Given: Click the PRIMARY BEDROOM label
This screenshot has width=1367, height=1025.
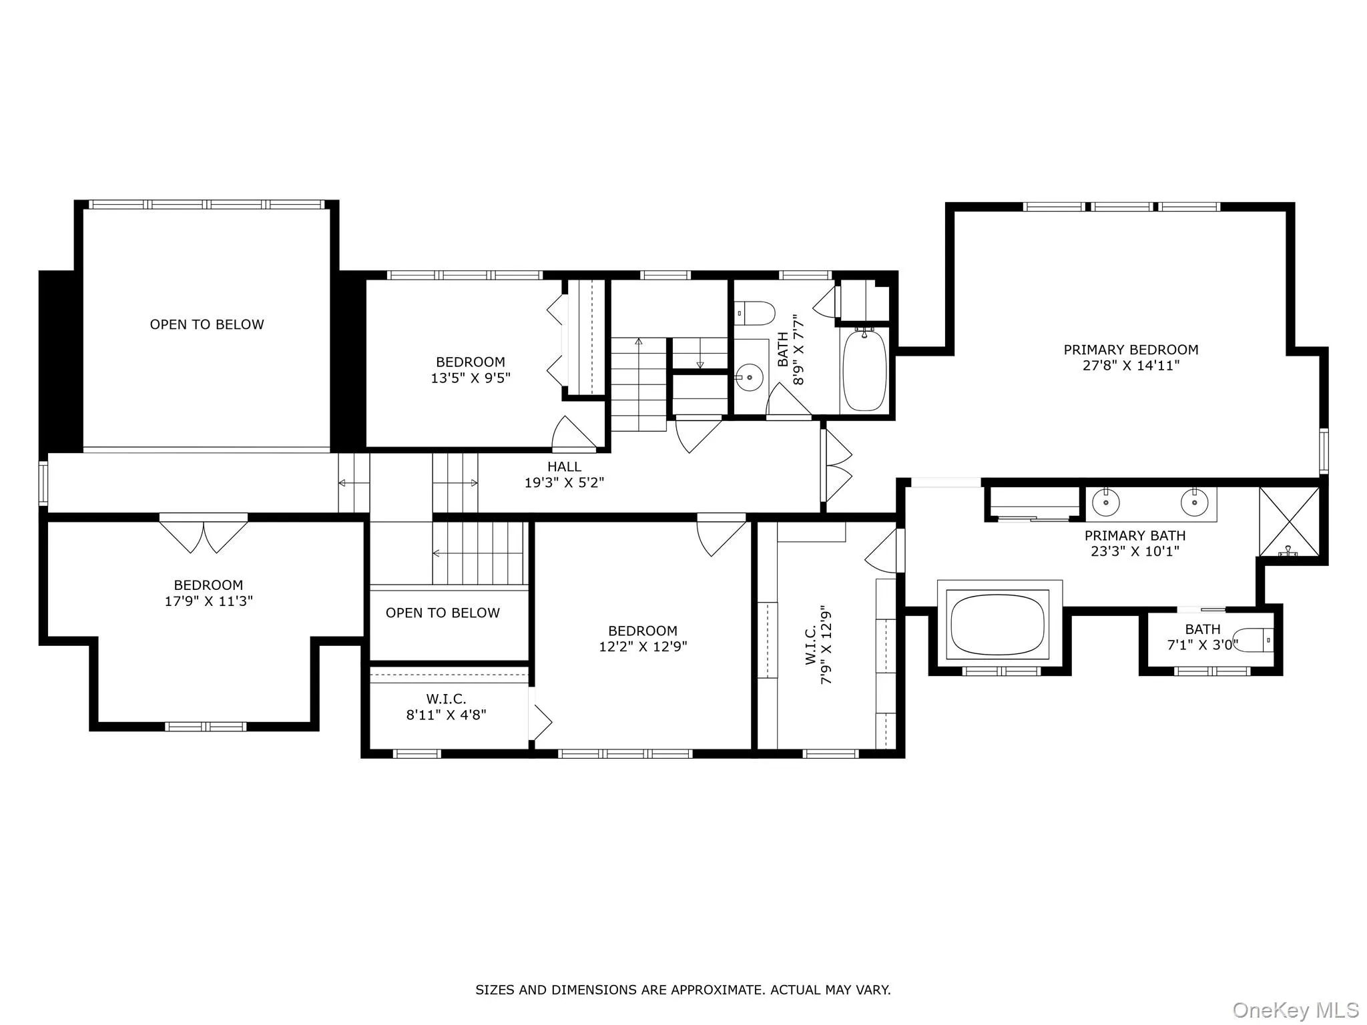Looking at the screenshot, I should [x=1131, y=350].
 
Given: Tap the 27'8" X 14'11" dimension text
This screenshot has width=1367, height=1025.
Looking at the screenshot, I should [x=1131, y=366].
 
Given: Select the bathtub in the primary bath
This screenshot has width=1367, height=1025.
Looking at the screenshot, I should [x=999, y=625].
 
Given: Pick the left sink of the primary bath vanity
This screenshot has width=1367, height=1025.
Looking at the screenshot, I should [x=1106, y=502].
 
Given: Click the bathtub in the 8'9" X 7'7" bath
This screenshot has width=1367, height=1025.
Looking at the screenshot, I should [x=865, y=370].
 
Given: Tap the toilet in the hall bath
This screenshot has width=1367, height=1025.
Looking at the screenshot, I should [x=756, y=312].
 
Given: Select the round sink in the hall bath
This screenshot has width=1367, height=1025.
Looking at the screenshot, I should [x=750, y=377].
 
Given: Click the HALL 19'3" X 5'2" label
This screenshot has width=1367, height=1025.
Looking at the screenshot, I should [x=564, y=474].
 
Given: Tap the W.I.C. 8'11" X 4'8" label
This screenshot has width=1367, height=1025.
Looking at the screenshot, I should [x=446, y=707].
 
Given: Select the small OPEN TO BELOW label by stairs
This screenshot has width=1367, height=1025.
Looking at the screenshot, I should [x=443, y=613].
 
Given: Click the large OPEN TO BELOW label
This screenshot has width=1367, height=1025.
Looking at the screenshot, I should [x=207, y=324].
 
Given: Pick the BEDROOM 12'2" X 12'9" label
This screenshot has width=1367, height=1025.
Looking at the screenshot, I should [x=643, y=639].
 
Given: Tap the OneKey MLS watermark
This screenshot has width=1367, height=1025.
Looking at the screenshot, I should [x=1295, y=1010].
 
